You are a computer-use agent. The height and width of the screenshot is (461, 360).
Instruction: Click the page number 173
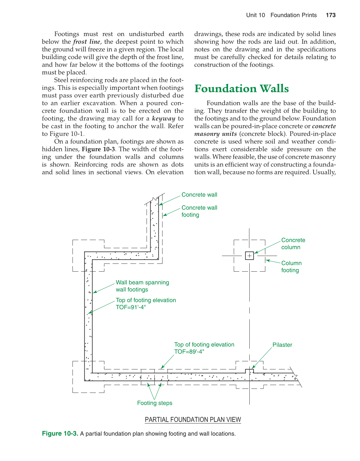tap(330, 15)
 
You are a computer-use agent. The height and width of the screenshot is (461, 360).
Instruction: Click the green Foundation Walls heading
tap(241, 89)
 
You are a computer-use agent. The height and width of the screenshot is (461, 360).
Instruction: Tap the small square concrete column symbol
tap(249, 256)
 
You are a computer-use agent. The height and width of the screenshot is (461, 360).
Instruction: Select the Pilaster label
tap(282, 345)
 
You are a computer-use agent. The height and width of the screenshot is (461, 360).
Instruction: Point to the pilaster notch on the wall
tap(249, 371)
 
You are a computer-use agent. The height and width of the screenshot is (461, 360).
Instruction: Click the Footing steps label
tap(155, 403)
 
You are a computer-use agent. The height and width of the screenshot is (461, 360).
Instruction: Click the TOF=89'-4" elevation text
tap(189, 352)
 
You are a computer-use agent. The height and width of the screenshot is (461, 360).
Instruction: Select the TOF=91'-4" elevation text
tap(131, 307)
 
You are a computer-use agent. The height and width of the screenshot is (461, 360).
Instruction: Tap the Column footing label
tap(291, 267)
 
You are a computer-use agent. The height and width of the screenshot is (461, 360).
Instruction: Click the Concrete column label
tap(293, 243)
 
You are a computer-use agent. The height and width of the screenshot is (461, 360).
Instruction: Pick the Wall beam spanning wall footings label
tap(142, 286)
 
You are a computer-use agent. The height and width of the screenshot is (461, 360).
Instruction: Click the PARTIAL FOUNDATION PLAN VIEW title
tap(193, 420)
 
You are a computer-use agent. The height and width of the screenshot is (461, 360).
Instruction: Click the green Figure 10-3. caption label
tap(60, 433)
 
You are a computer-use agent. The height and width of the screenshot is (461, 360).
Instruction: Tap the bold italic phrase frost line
tap(87, 42)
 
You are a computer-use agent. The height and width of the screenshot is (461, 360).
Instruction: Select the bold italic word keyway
tap(163, 118)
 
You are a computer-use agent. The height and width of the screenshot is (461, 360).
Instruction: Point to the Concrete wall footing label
tap(199, 211)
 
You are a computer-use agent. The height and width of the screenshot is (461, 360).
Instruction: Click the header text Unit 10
tap(255, 15)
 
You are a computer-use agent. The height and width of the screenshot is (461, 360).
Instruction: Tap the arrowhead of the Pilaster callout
tap(253, 368)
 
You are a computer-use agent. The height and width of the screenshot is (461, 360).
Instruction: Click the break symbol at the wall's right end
tap(296, 377)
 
